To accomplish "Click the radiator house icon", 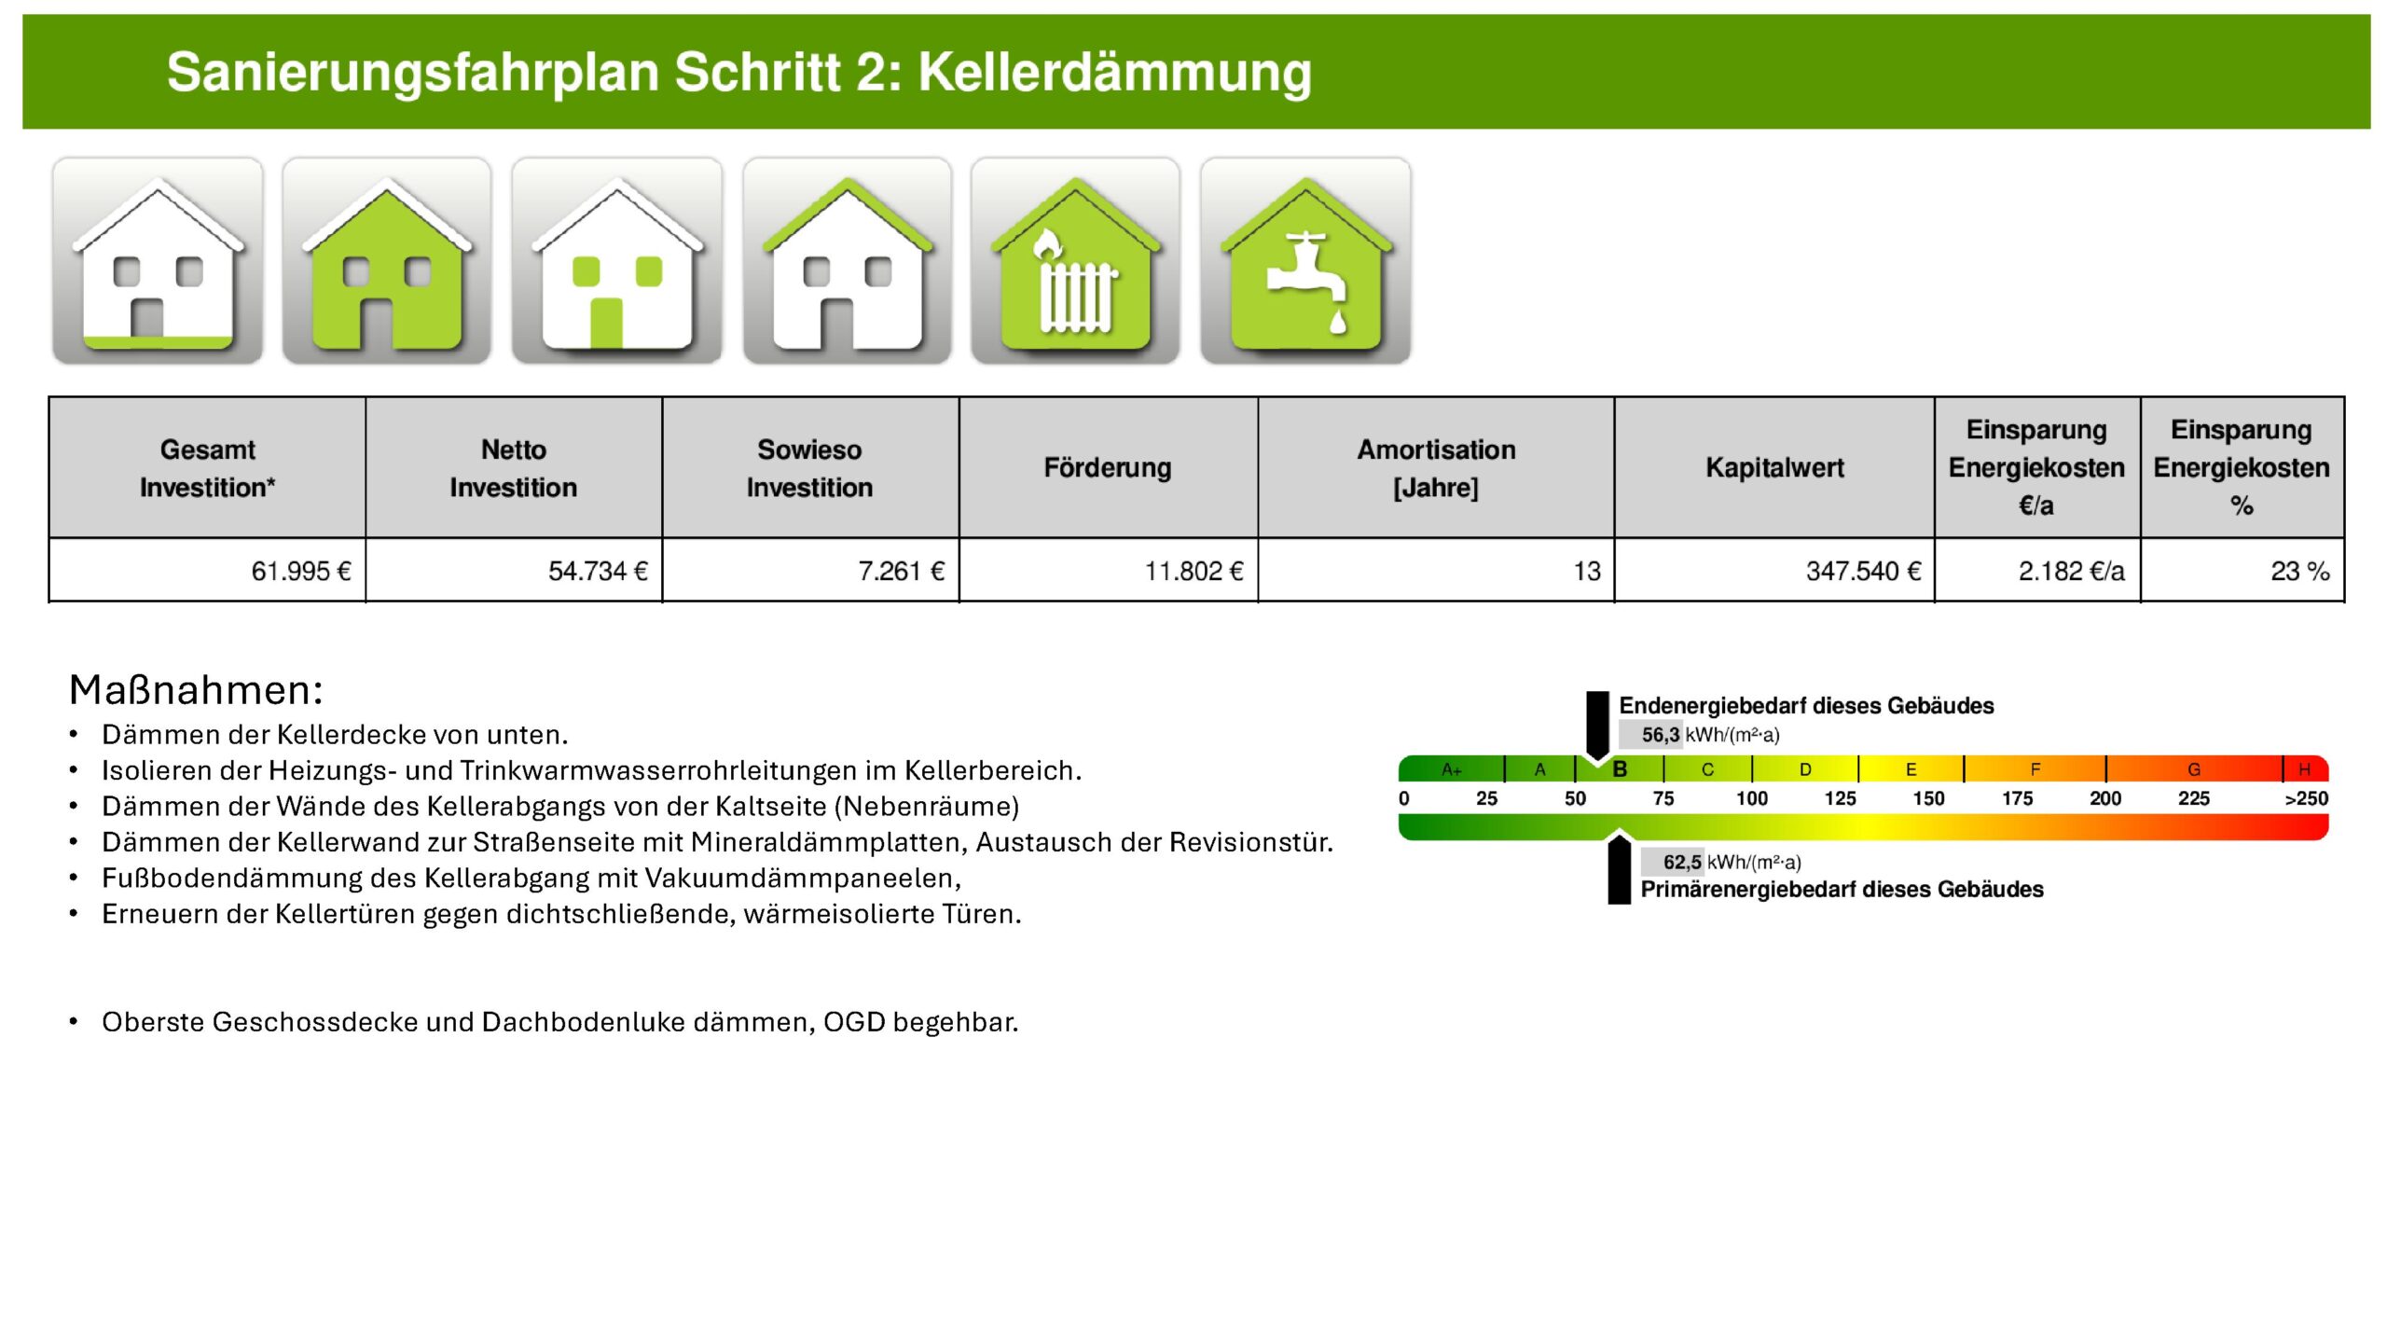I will click(x=1075, y=261).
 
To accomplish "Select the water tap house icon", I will click(x=1305, y=261).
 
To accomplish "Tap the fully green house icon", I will click(x=387, y=261).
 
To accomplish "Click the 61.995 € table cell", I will click(x=300, y=571).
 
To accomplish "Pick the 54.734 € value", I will click(x=598, y=571).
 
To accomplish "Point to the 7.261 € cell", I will click(x=901, y=571).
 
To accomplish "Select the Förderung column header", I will click(x=1108, y=467).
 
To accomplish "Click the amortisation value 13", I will click(x=1587, y=571).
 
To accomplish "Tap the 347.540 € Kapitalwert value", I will click(x=1863, y=571).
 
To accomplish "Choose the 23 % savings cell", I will click(x=2299, y=571).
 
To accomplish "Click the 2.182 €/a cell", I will click(x=2071, y=571).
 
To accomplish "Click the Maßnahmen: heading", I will click(x=196, y=690).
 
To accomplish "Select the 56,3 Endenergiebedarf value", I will click(x=1660, y=735).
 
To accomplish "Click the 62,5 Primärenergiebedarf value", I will click(x=1681, y=862).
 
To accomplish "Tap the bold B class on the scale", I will click(x=1620, y=769).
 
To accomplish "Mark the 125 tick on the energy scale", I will click(x=1840, y=798).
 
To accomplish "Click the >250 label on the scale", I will click(x=2306, y=798).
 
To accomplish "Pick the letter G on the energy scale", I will click(x=2194, y=769).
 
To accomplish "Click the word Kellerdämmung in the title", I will click(x=1114, y=72).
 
